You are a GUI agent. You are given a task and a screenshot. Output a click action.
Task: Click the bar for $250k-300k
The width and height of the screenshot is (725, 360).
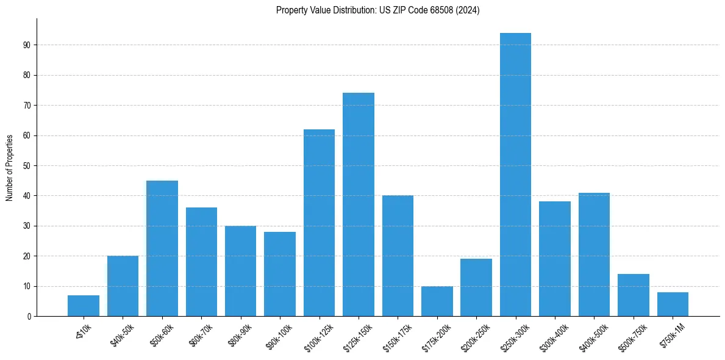515,175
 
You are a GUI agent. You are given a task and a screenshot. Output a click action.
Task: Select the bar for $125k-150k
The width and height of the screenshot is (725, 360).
359,204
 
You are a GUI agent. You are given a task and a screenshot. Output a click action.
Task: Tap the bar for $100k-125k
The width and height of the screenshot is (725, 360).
319,223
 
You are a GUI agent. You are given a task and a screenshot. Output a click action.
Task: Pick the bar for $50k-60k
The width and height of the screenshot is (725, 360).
162,248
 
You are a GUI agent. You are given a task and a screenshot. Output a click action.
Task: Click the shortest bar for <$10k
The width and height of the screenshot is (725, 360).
84,306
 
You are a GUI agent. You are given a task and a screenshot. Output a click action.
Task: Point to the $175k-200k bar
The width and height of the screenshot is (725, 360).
437,301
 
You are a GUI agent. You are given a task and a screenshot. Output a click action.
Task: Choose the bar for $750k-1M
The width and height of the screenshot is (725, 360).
673,304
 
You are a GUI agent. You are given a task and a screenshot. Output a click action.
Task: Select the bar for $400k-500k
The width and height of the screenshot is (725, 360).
594,254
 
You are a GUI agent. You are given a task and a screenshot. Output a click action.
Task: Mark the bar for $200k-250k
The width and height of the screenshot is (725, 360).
476,287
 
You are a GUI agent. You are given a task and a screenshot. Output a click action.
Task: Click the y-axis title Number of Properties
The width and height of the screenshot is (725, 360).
9,167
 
